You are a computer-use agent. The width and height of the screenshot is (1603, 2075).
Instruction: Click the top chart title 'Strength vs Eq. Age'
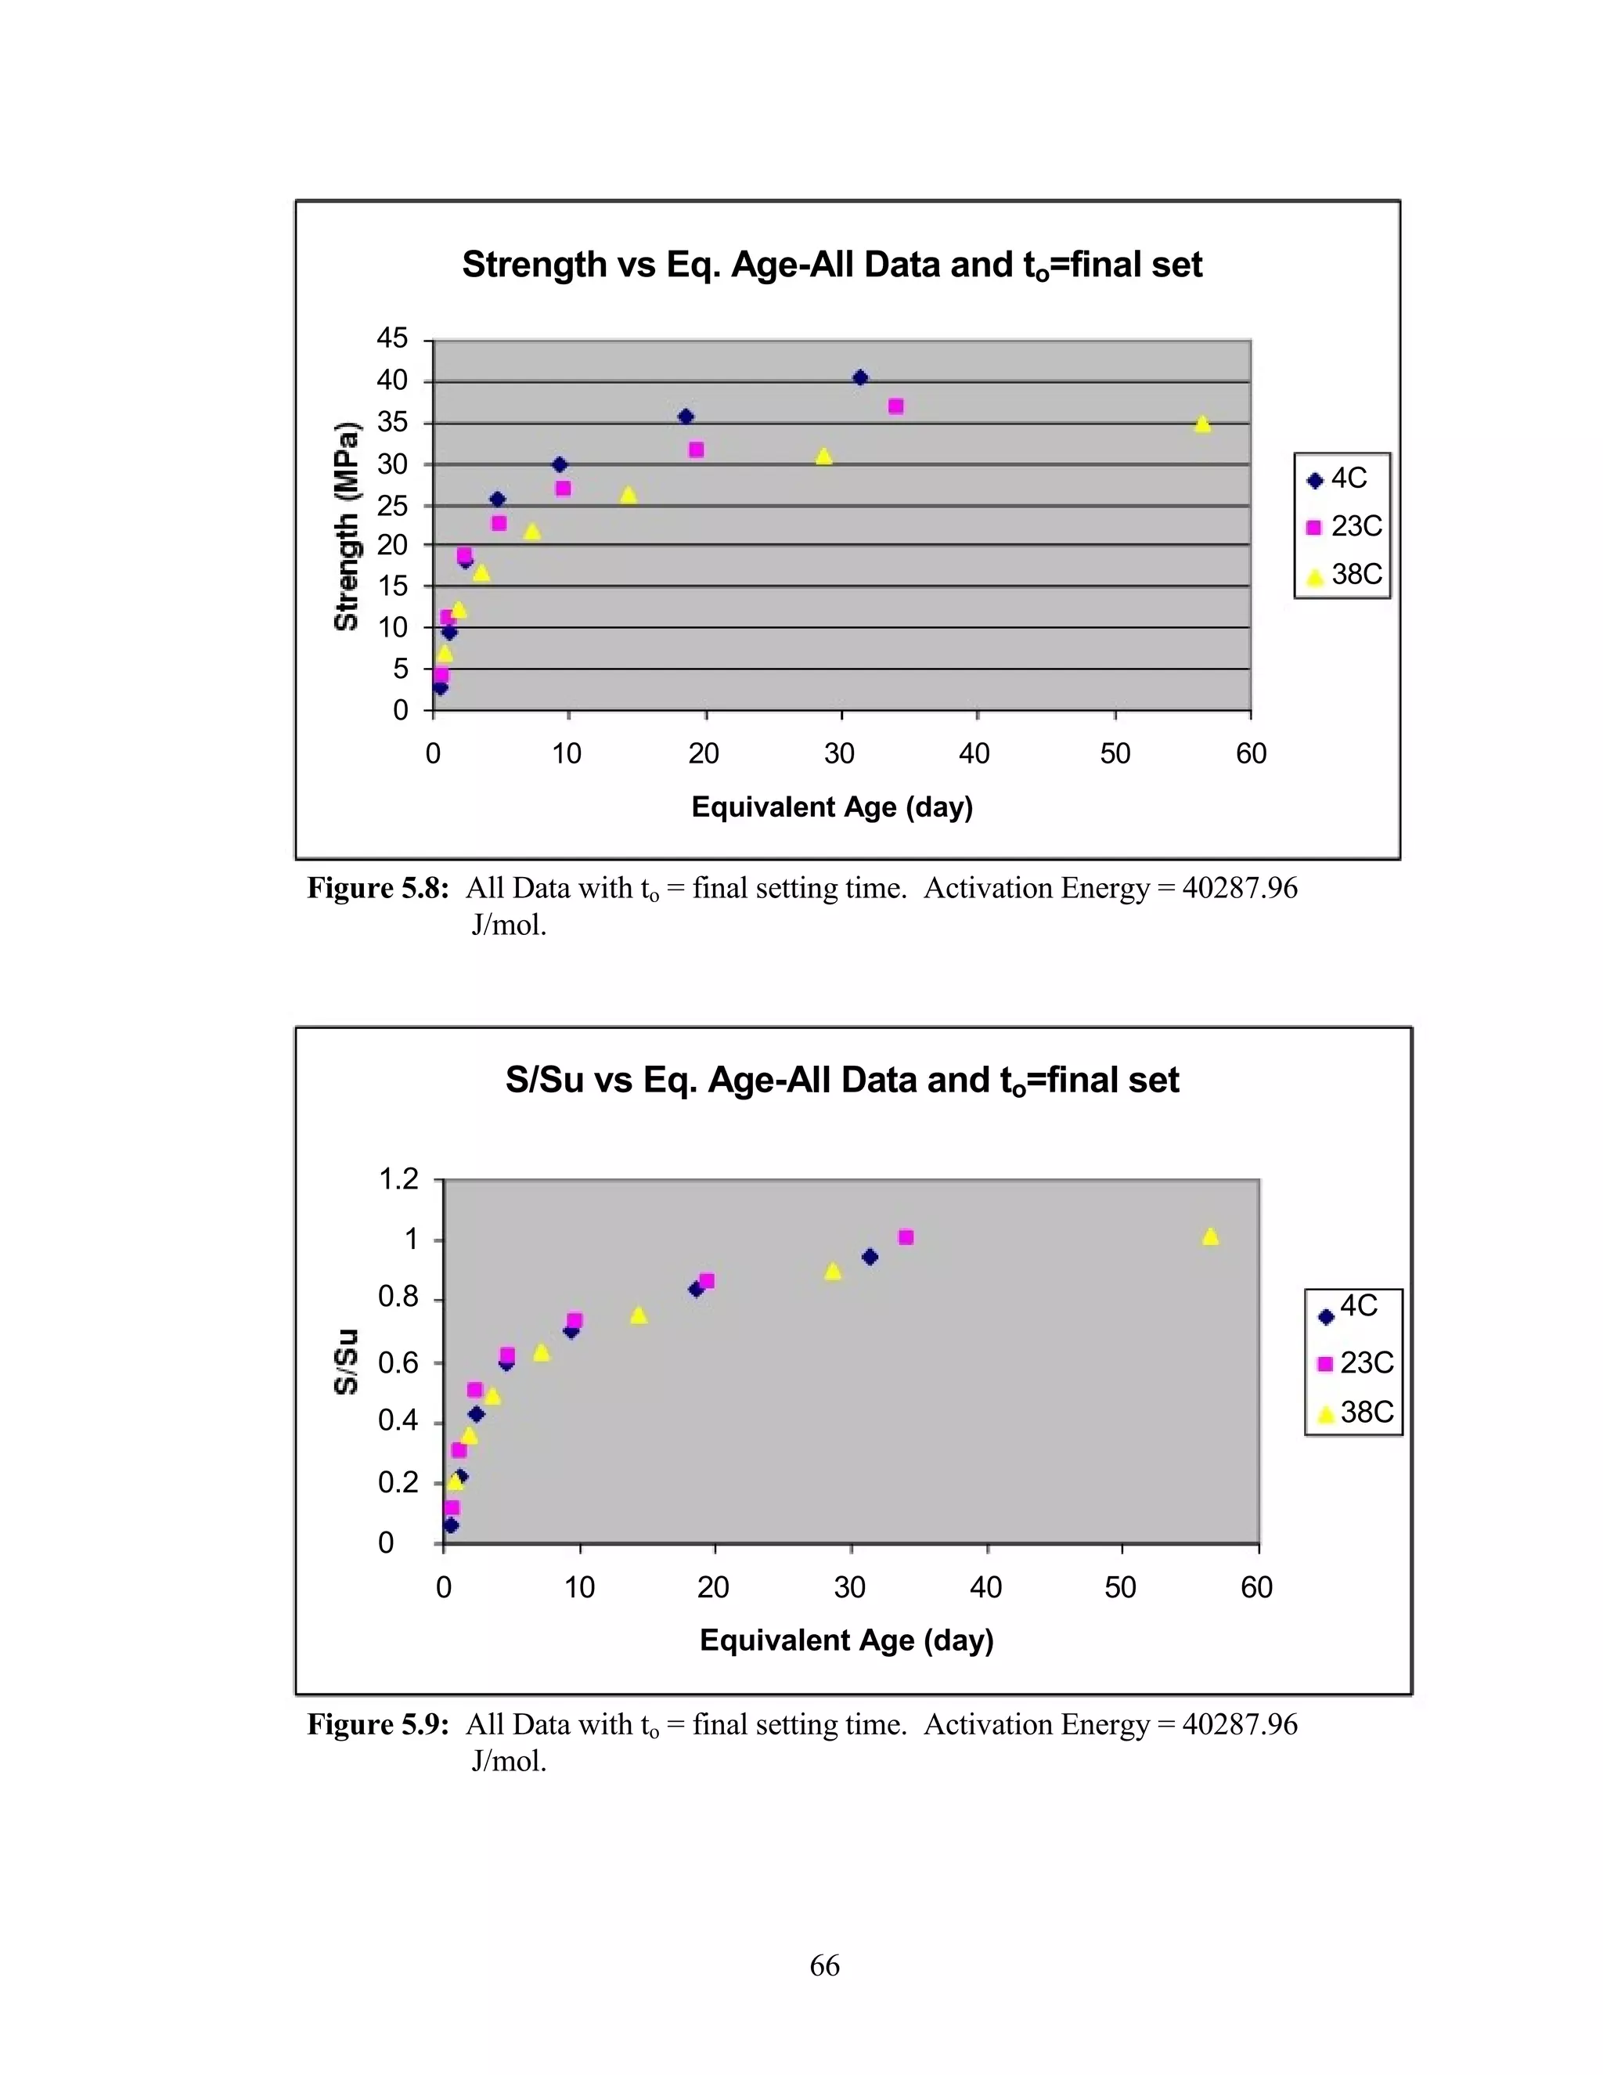(832, 265)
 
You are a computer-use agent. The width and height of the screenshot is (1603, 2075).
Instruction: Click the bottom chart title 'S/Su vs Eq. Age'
(841, 1081)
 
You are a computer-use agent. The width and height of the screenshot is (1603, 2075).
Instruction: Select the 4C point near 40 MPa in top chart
(860, 378)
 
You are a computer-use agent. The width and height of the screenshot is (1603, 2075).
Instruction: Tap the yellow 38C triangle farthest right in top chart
(1202, 424)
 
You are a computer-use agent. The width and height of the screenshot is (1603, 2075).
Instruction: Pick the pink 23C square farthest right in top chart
(895, 406)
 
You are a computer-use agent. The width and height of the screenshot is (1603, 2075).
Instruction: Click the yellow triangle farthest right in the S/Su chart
(1210, 1237)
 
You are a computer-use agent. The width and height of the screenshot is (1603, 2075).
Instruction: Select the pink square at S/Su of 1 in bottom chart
(906, 1237)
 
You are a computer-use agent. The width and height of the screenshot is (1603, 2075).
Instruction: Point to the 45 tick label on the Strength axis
(392, 338)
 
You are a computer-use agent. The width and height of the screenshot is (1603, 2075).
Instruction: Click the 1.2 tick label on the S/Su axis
(399, 1179)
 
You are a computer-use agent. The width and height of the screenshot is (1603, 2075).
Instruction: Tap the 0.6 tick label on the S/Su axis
(399, 1363)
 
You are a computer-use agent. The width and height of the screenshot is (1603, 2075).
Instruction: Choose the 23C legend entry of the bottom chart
(1355, 1363)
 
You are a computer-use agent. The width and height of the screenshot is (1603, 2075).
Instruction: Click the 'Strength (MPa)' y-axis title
(347, 525)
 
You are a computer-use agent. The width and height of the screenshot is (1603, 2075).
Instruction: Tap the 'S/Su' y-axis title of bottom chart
(347, 1361)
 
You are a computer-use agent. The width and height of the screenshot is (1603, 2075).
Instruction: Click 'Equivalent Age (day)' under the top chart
(832, 807)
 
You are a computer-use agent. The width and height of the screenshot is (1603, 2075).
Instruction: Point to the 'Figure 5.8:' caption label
(377, 889)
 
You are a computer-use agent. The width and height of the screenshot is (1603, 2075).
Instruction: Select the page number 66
(824, 1965)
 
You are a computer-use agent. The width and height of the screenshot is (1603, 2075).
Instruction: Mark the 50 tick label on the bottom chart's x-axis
(1121, 1588)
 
